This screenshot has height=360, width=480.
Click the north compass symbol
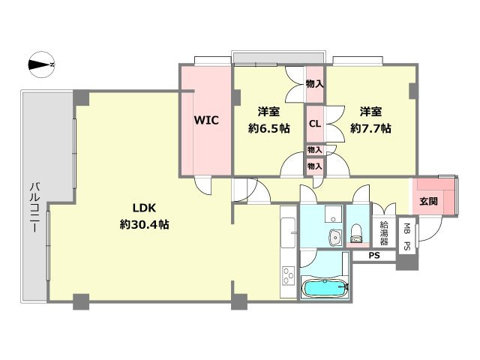tap(41, 64)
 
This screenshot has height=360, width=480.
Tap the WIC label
tap(206, 120)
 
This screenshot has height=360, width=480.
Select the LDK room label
tap(144, 208)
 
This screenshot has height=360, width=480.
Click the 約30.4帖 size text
tap(144, 225)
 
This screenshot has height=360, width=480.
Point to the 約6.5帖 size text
tap(268, 128)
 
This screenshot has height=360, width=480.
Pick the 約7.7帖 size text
tap(370, 128)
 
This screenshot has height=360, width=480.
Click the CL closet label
tap(315, 124)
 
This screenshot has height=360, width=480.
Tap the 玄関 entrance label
tap(428, 202)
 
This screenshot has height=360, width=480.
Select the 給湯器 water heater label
tap(384, 233)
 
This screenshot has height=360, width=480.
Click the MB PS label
tap(406, 237)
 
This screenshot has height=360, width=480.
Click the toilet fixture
tap(356, 233)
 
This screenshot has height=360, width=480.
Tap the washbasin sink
tap(335, 237)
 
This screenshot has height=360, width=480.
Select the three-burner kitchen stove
tap(288, 276)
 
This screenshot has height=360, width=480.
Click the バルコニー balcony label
tap(35, 207)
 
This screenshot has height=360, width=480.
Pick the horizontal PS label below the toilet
tap(373, 255)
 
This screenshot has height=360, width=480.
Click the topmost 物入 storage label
tap(315, 83)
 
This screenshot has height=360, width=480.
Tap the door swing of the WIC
tap(202, 185)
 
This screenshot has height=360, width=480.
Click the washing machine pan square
tap(333, 214)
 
